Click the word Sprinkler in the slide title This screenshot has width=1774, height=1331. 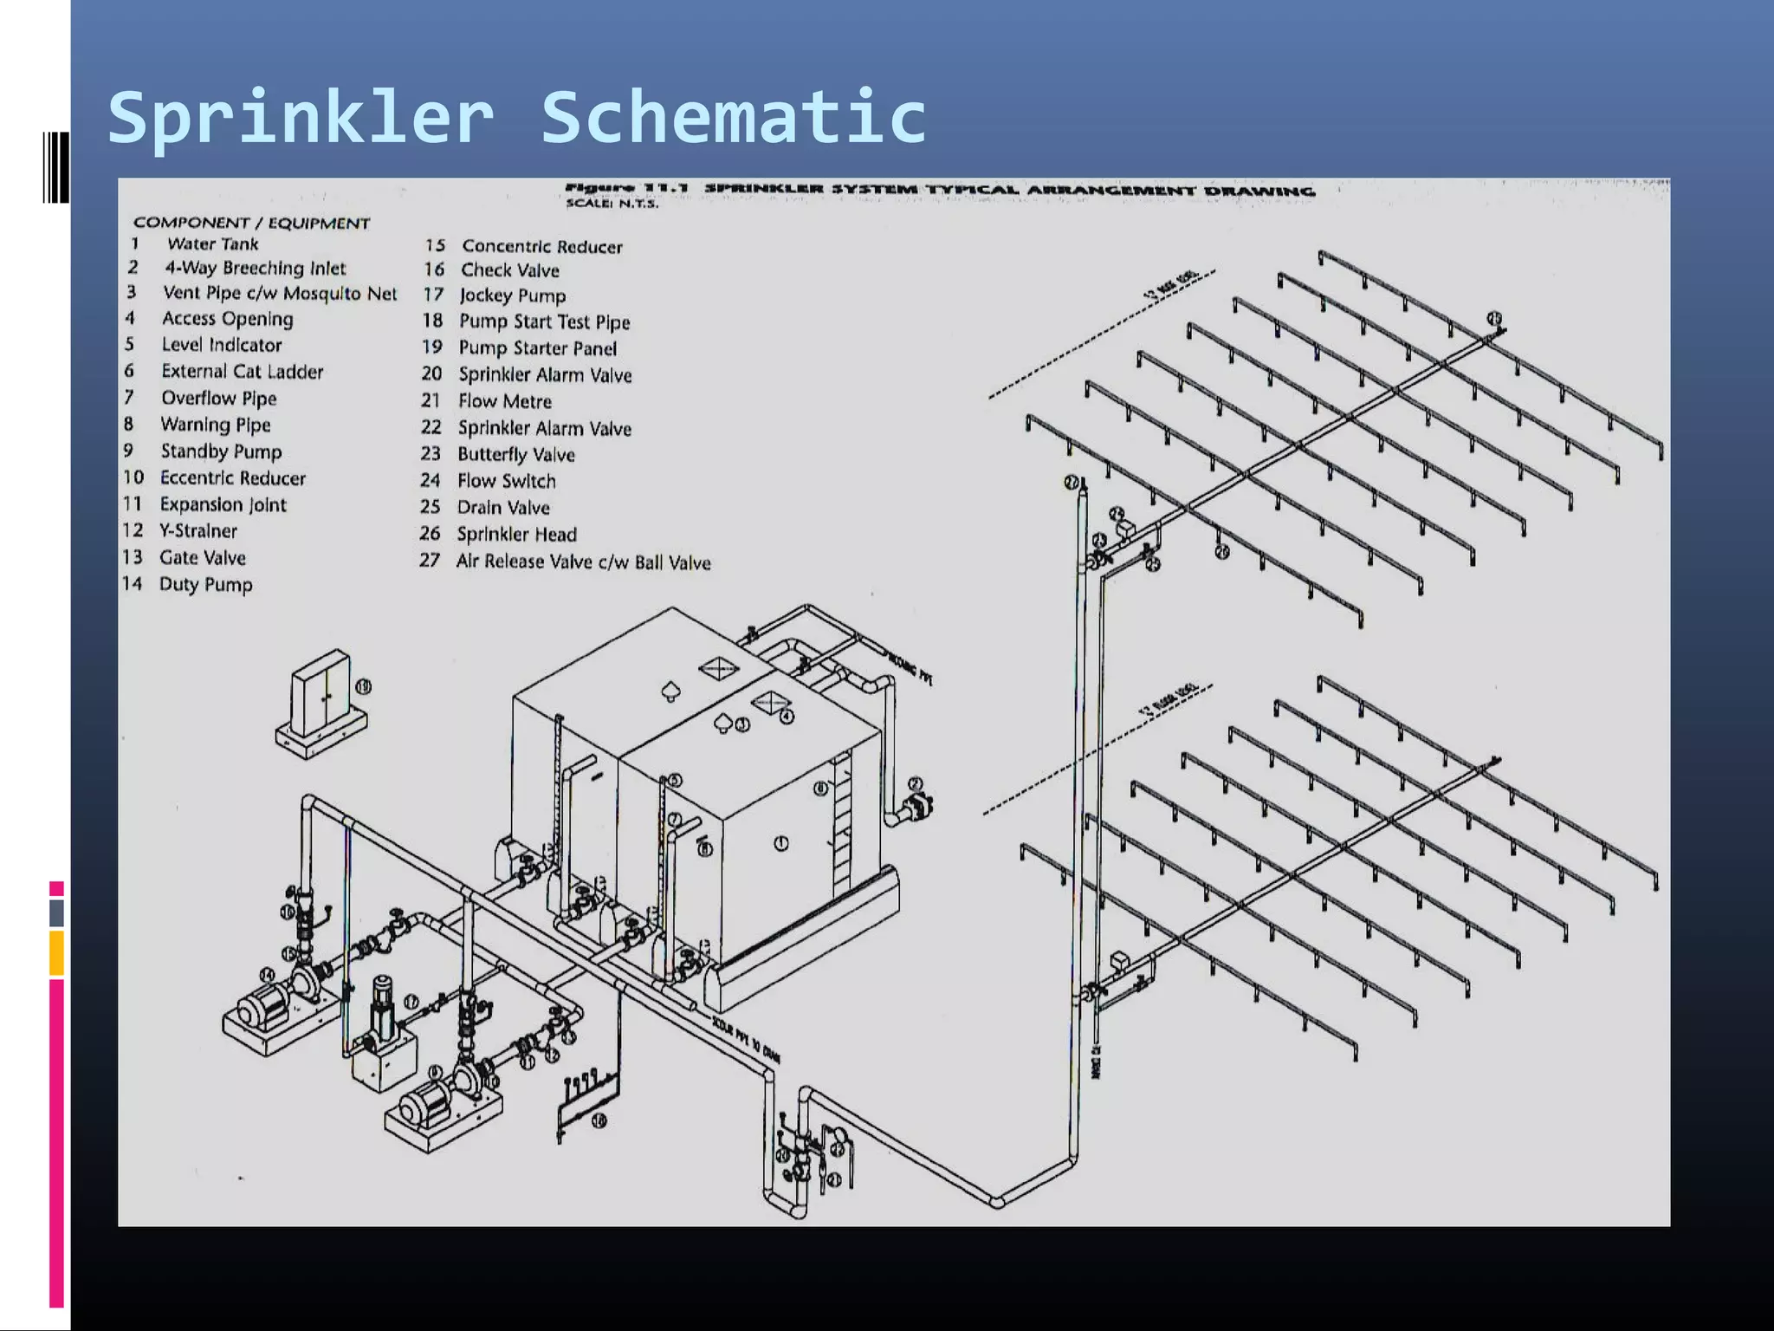pyautogui.click(x=300, y=118)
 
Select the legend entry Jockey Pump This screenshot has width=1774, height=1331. pyautogui.click(x=512, y=296)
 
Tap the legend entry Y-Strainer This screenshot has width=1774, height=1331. pyautogui.click(x=197, y=531)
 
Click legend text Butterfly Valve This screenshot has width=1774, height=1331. pyautogui.click(x=515, y=455)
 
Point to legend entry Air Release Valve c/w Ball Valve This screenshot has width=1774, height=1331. pyautogui.click(x=583, y=562)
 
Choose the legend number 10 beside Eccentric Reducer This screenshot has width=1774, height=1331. pyautogui.click(x=133, y=477)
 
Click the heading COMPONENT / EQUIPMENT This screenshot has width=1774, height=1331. pyautogui.click(x=251, y=224)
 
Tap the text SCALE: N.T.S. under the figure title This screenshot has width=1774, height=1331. pyautogui.click(x=612, y=204)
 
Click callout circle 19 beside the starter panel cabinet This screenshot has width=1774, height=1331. pyautogui.click(x=364, y=687)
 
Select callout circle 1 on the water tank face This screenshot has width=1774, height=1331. pyautogui.click(x=780, y=843)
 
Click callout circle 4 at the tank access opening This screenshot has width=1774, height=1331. pyautogui.click(x=787, y=717)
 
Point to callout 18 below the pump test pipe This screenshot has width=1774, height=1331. pyautogui.click(x=599, y=1121)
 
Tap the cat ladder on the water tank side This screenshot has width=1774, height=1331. pyautogui.click(x=840, y=823)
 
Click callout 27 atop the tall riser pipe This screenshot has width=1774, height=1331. pyautogui.click(x=1072, y=483)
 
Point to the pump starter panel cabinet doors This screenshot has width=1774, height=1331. pyautogui.click(x=320, y=693)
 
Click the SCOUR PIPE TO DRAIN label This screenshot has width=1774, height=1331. pyautogui.click(x=746, y=1040)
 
